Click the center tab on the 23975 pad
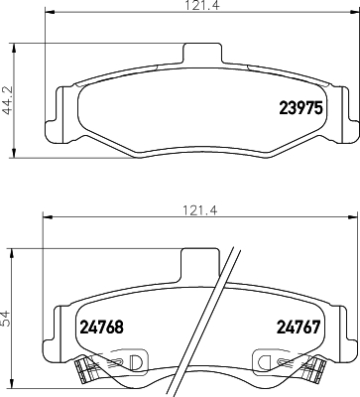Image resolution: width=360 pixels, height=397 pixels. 200,58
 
